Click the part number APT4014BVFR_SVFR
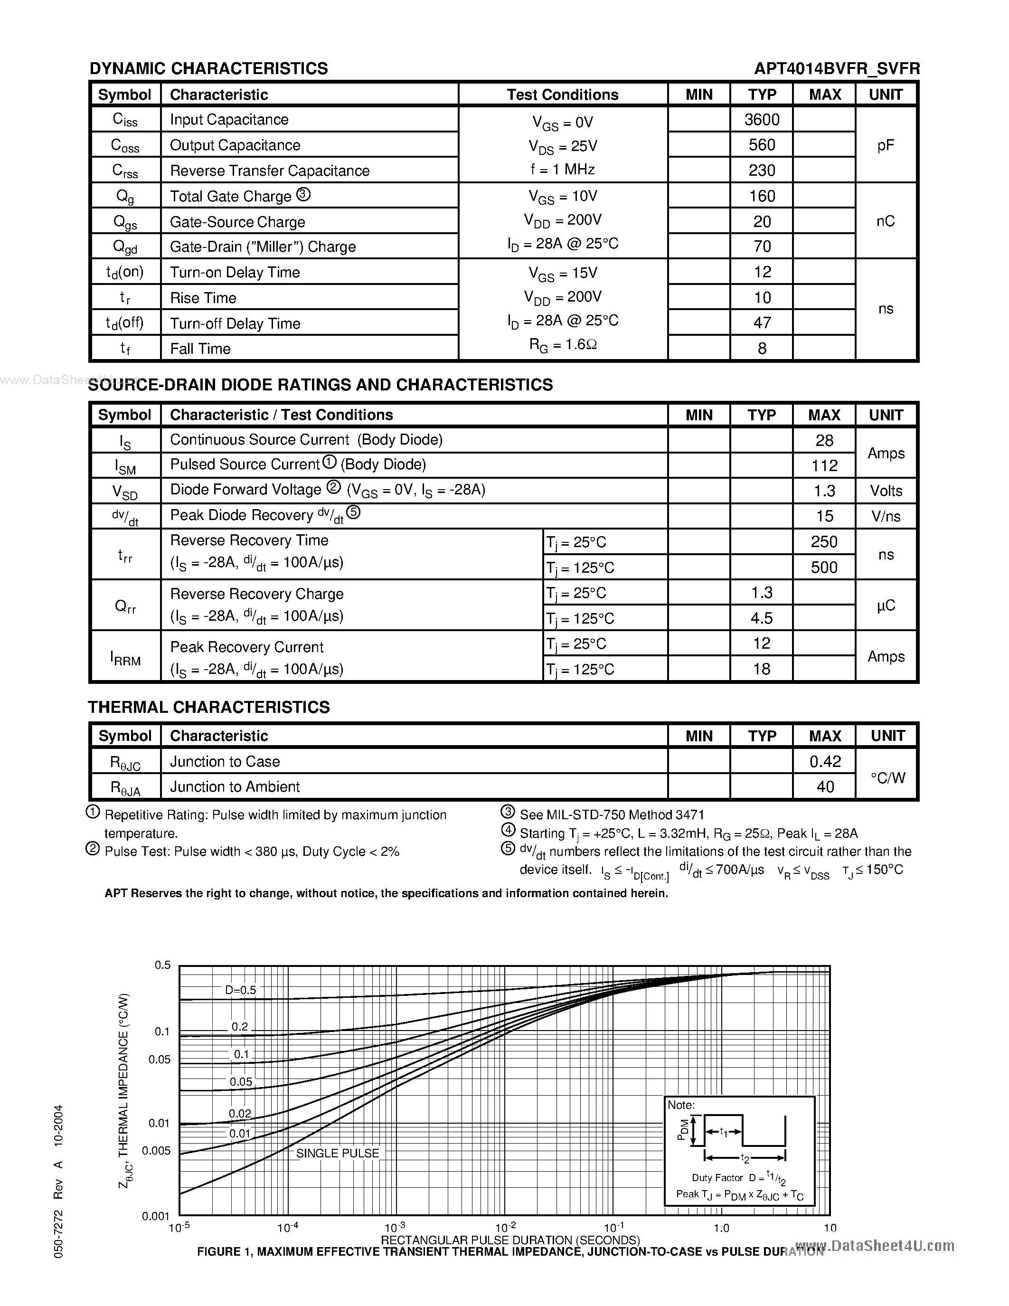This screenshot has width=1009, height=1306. coord(836,69)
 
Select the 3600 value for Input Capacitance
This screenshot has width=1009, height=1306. coord(762,120)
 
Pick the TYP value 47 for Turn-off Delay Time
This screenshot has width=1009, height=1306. coord(762,323)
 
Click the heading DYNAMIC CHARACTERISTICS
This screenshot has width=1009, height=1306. coord(208,69)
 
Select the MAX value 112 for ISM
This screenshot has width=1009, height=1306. coord(824,466)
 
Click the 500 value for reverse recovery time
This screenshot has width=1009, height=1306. coord(824,568)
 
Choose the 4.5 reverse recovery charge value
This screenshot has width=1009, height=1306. coord(762,618)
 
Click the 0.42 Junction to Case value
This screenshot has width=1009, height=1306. coord(825,762)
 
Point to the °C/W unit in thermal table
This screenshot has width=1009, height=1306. coord(887,778)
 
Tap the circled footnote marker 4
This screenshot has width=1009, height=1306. coord(508,830)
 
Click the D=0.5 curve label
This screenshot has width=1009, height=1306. coord(240,990)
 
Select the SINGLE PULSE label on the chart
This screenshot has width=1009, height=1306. coord(338,1153)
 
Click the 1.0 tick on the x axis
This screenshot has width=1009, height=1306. coord(721,1228)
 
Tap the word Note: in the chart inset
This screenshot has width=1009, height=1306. coord(681,1105)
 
